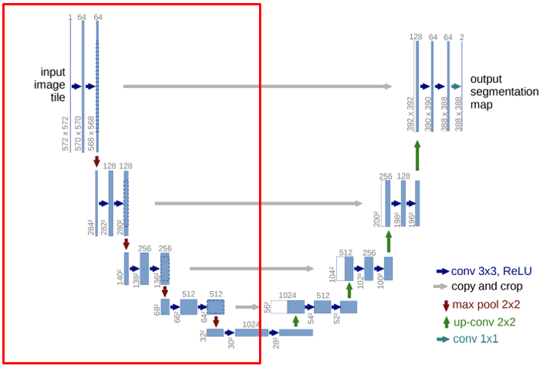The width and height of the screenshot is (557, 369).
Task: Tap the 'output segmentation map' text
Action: point(504,92)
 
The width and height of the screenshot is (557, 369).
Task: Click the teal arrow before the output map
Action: point(456,86)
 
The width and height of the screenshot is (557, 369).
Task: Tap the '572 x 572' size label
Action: point(66,133)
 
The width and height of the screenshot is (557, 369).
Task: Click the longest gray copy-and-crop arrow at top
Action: point(257,86)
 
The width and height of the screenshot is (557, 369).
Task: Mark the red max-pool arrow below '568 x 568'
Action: point(97,160)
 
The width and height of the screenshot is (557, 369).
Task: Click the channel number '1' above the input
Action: point(70,17)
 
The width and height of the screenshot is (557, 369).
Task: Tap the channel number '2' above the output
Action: point(462,37)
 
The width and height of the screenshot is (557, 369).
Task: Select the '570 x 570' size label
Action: point(78,133)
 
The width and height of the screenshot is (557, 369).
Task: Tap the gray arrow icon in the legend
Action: point(441,286)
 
